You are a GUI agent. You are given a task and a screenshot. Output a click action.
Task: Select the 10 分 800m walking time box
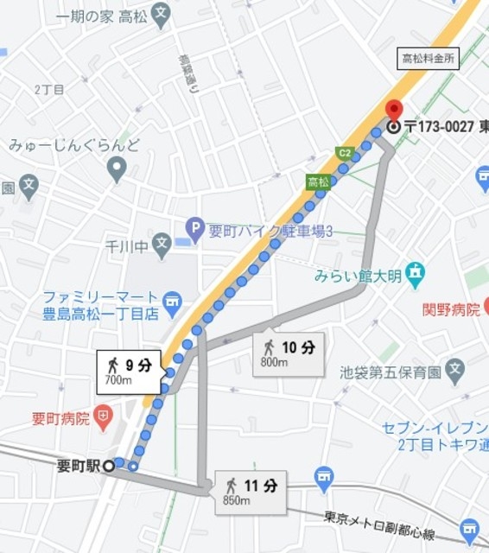pyautogui.click(x=289, y=353)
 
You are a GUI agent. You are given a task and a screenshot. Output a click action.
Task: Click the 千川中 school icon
pyautogui.click(x=162, y=245)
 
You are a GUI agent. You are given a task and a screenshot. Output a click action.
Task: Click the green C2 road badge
pyautogui.click(x=345, y=154)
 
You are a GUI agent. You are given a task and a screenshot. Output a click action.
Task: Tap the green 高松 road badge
pyautogui.click(x=318, y=181)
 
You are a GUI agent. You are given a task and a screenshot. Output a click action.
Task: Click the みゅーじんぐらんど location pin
pyautogui.click(x=117, y=169)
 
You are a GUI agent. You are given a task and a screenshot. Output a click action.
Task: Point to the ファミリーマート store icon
pyautogui.click(x=173, y=302)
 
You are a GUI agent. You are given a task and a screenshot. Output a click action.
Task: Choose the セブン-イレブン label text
pyautogui.click(x=435, y=428)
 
